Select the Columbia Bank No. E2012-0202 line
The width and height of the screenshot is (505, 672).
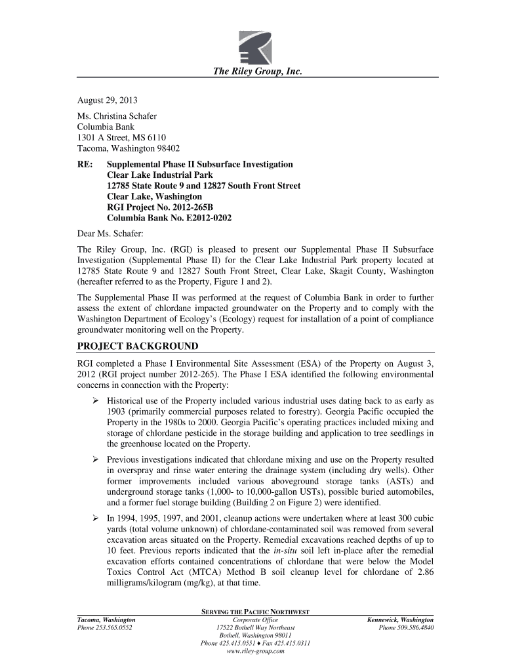169,218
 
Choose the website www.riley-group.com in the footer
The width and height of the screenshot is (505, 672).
256,652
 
